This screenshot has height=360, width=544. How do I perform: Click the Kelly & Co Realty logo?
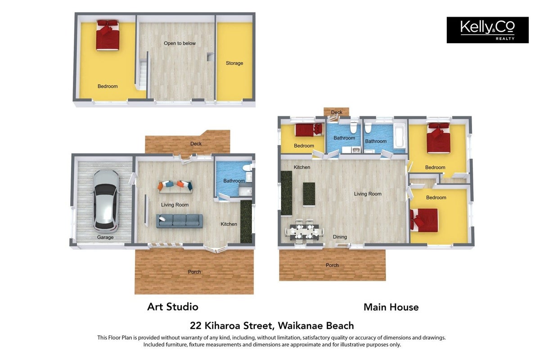(487, 30)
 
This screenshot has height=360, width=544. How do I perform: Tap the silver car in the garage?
(106, 200)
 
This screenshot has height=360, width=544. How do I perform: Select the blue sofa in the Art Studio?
(179, 221)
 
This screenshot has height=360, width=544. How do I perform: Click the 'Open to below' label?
(180, 43)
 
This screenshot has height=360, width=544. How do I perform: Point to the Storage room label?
(234, 63)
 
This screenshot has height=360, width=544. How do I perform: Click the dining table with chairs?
(305, 231)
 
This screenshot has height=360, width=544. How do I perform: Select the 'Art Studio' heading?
(173, 307)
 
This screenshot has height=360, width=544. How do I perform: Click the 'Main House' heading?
(391, 307)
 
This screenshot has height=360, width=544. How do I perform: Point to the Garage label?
(105, 237)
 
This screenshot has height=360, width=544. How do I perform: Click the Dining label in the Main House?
(340, 237)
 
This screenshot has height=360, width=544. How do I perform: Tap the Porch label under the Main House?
(332, 265)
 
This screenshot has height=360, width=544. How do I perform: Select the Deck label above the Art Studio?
(196, 144)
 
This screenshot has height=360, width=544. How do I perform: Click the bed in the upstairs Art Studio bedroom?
(108, 35)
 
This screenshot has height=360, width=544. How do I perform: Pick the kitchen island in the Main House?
(309, 194)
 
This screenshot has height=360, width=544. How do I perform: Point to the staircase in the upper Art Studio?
(143, 75)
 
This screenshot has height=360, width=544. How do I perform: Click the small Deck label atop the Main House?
(337, 112)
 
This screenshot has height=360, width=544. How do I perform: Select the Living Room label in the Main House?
(368, 194)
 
